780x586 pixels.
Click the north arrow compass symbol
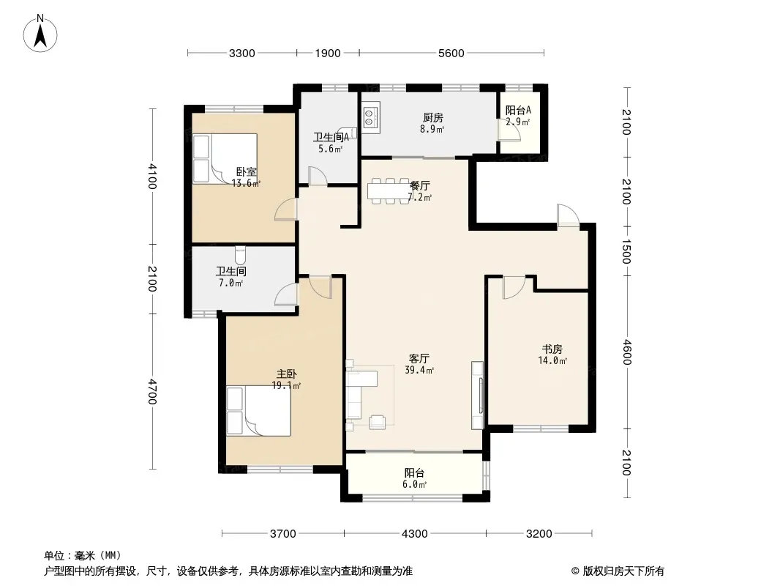point(40,34)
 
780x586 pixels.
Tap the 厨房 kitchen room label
point(432,117)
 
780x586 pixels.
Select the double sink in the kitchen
point(371,117)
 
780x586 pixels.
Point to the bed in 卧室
point(225,159)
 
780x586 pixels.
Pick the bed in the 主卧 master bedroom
point(259,411)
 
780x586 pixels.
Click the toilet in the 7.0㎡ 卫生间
point(240,256)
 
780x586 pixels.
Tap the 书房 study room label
point(552,349)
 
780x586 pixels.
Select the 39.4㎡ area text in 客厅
point(419,370)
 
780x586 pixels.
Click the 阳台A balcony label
point(518,110)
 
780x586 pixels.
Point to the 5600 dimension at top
point(451,53)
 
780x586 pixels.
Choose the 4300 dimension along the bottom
point(414,533)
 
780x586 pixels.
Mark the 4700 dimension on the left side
point(152,392)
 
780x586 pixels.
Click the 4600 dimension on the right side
point(626,352)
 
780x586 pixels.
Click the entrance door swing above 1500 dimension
point(568,215)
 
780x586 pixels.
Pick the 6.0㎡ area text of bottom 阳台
point(414,484)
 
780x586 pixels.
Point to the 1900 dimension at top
point(328,53)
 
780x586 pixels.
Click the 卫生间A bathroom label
point(331,138)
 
